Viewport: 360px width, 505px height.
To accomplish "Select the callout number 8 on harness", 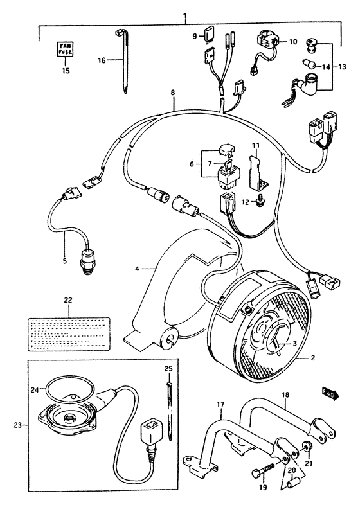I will pos(172,93).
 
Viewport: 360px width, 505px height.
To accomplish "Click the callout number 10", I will pos(292,42).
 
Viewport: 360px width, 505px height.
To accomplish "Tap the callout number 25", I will pos(169,369).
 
